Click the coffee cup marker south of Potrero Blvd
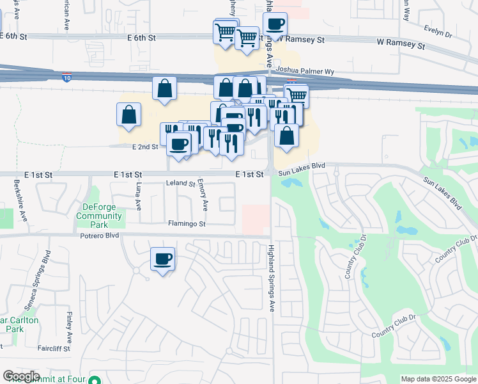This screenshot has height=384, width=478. (x=162, y=259)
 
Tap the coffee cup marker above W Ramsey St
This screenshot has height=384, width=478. (x=275, y=25)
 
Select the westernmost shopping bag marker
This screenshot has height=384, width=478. (x=129, y=115)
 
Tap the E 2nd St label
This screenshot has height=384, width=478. (x=145, y=147)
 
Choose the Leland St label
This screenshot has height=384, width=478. (x=180, y=184)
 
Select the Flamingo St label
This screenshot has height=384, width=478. (x=187, y=224)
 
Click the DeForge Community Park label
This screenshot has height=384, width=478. (x=99, y=211)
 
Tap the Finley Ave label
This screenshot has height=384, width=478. (x=68, y=325)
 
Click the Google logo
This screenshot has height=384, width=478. (x=21, y=376)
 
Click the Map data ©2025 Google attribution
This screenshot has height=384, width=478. (x=438, y=379)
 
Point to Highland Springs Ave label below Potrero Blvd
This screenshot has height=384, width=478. (x=271, y=278)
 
